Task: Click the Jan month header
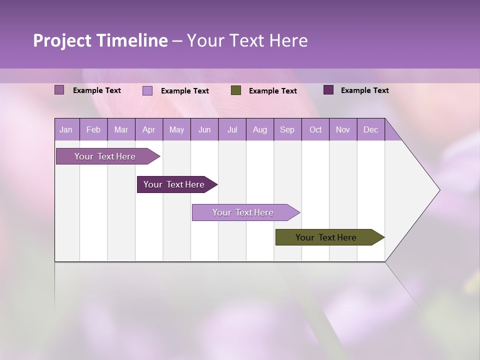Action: pos(66,130)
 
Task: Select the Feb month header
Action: pos(93,130)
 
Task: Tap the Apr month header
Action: pos(148,130)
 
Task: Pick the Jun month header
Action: pos(204,130)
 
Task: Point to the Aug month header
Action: pos(259,130)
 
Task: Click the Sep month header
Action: pos(287,130)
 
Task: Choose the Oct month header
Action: pos(315,130)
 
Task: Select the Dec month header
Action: pos(370,130)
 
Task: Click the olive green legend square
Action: pos(236,90)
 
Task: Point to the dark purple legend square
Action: pos(328,90)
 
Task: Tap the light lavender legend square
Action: pos(147,90)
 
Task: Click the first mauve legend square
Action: pos(59,90)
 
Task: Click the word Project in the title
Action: pos(62,41)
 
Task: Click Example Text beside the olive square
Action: pos(272,91)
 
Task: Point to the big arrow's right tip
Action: pos(439,190)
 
